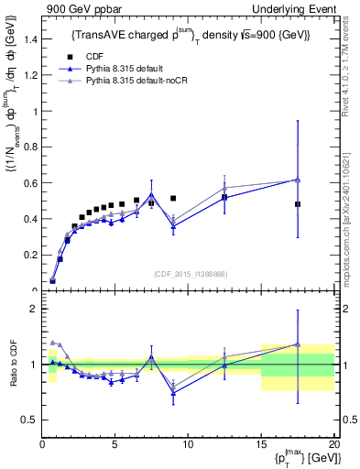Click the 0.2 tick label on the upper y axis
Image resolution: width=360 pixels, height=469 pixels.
(30, 256)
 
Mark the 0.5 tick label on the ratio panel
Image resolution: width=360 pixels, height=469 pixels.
(30, 420)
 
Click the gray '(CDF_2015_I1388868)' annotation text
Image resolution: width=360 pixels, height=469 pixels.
(188, 273)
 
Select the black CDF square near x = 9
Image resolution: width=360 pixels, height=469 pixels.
(173, 198)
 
